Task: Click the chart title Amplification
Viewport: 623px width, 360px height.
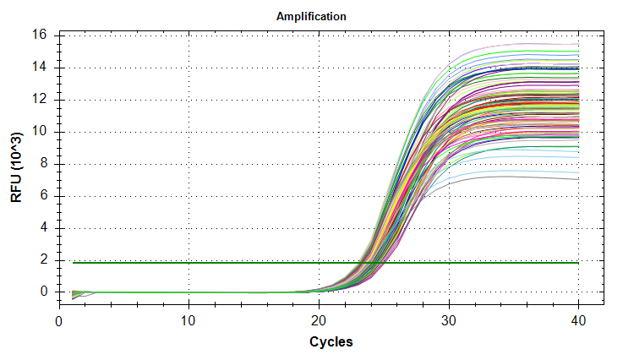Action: click(311, 17)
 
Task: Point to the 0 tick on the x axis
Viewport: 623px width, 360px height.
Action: click(59, 321)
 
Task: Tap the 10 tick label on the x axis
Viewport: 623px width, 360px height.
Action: click(189, 321)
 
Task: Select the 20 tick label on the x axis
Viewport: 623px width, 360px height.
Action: click(319, 321)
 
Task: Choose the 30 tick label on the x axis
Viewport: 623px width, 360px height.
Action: click(448, 321)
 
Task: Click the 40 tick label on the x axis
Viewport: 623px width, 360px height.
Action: click(578, 321)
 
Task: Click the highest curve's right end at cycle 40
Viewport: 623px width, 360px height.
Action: click(578, 45)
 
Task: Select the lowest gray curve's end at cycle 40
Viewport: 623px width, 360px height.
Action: click(578, 179)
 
